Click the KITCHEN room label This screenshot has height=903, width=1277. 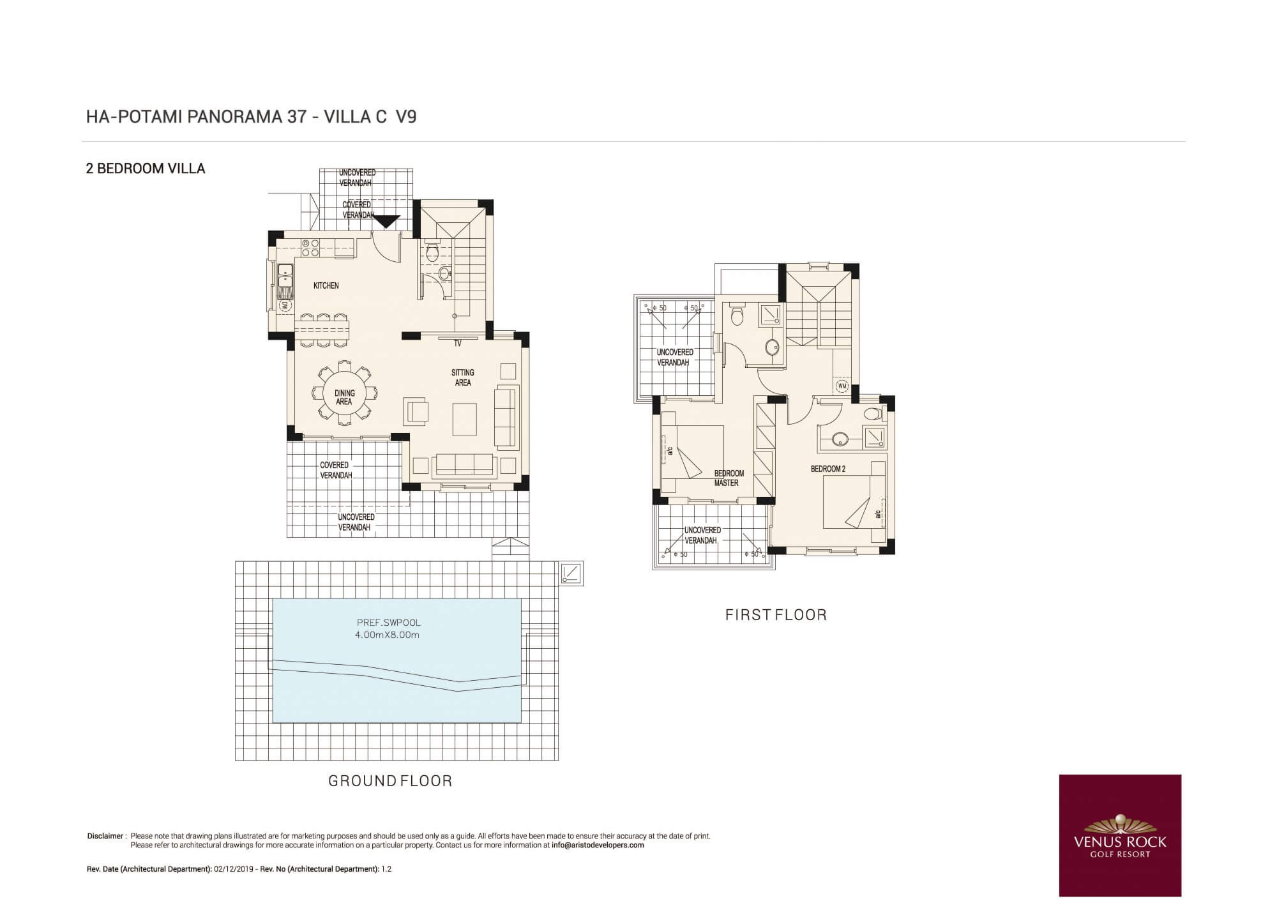(x=326, y=285)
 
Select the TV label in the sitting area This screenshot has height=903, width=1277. (x=458, y=344)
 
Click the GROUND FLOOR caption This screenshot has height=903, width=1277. (x=390, y=780)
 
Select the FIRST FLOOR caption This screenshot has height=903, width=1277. (x=776, y=615)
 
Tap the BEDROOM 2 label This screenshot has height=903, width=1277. (x=828, y=469)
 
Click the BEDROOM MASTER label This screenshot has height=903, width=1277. (x=728, y=478)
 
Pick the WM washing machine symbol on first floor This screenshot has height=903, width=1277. (x=842, y=386)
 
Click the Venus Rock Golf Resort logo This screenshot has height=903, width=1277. (x=1120, y=835)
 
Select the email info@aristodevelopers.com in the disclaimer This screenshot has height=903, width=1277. (x=598, y=845)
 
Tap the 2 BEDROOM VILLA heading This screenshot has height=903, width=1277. (x=146, y=169)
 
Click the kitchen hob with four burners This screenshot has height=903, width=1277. (x=310, y=248)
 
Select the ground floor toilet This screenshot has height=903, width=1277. (x=432, y=252)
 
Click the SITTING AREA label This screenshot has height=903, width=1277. (x=463, y=377)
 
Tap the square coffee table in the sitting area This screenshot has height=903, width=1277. (x=465, y=419)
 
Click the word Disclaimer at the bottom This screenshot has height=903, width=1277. (x=105, y=836)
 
